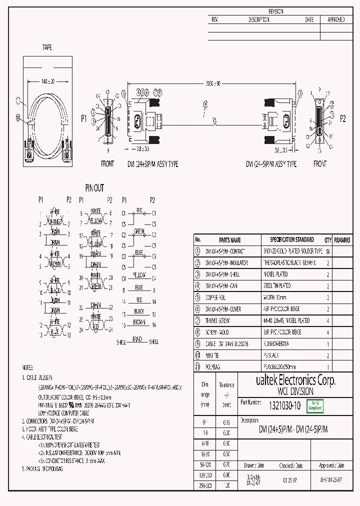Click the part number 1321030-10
click(x=284, y=406)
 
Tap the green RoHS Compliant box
click(x=315, y=406)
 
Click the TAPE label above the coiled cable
click(x=46, y=47)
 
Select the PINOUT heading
click(x=94, y=188)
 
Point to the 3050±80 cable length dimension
click(x=213, y=83)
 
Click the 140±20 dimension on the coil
click(x=48, y=81)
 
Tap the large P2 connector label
click(x=342, y=118)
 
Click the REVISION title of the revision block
click(x=276, y=11)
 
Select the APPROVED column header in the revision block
click(x=335, y=20)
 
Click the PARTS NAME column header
click(x=229, y=240)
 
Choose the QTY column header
click(x=328, y=240)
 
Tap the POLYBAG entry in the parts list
click(x=214, y=366)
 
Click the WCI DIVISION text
click(x=295, y=391)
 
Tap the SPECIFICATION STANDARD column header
click(x=292, y=240)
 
